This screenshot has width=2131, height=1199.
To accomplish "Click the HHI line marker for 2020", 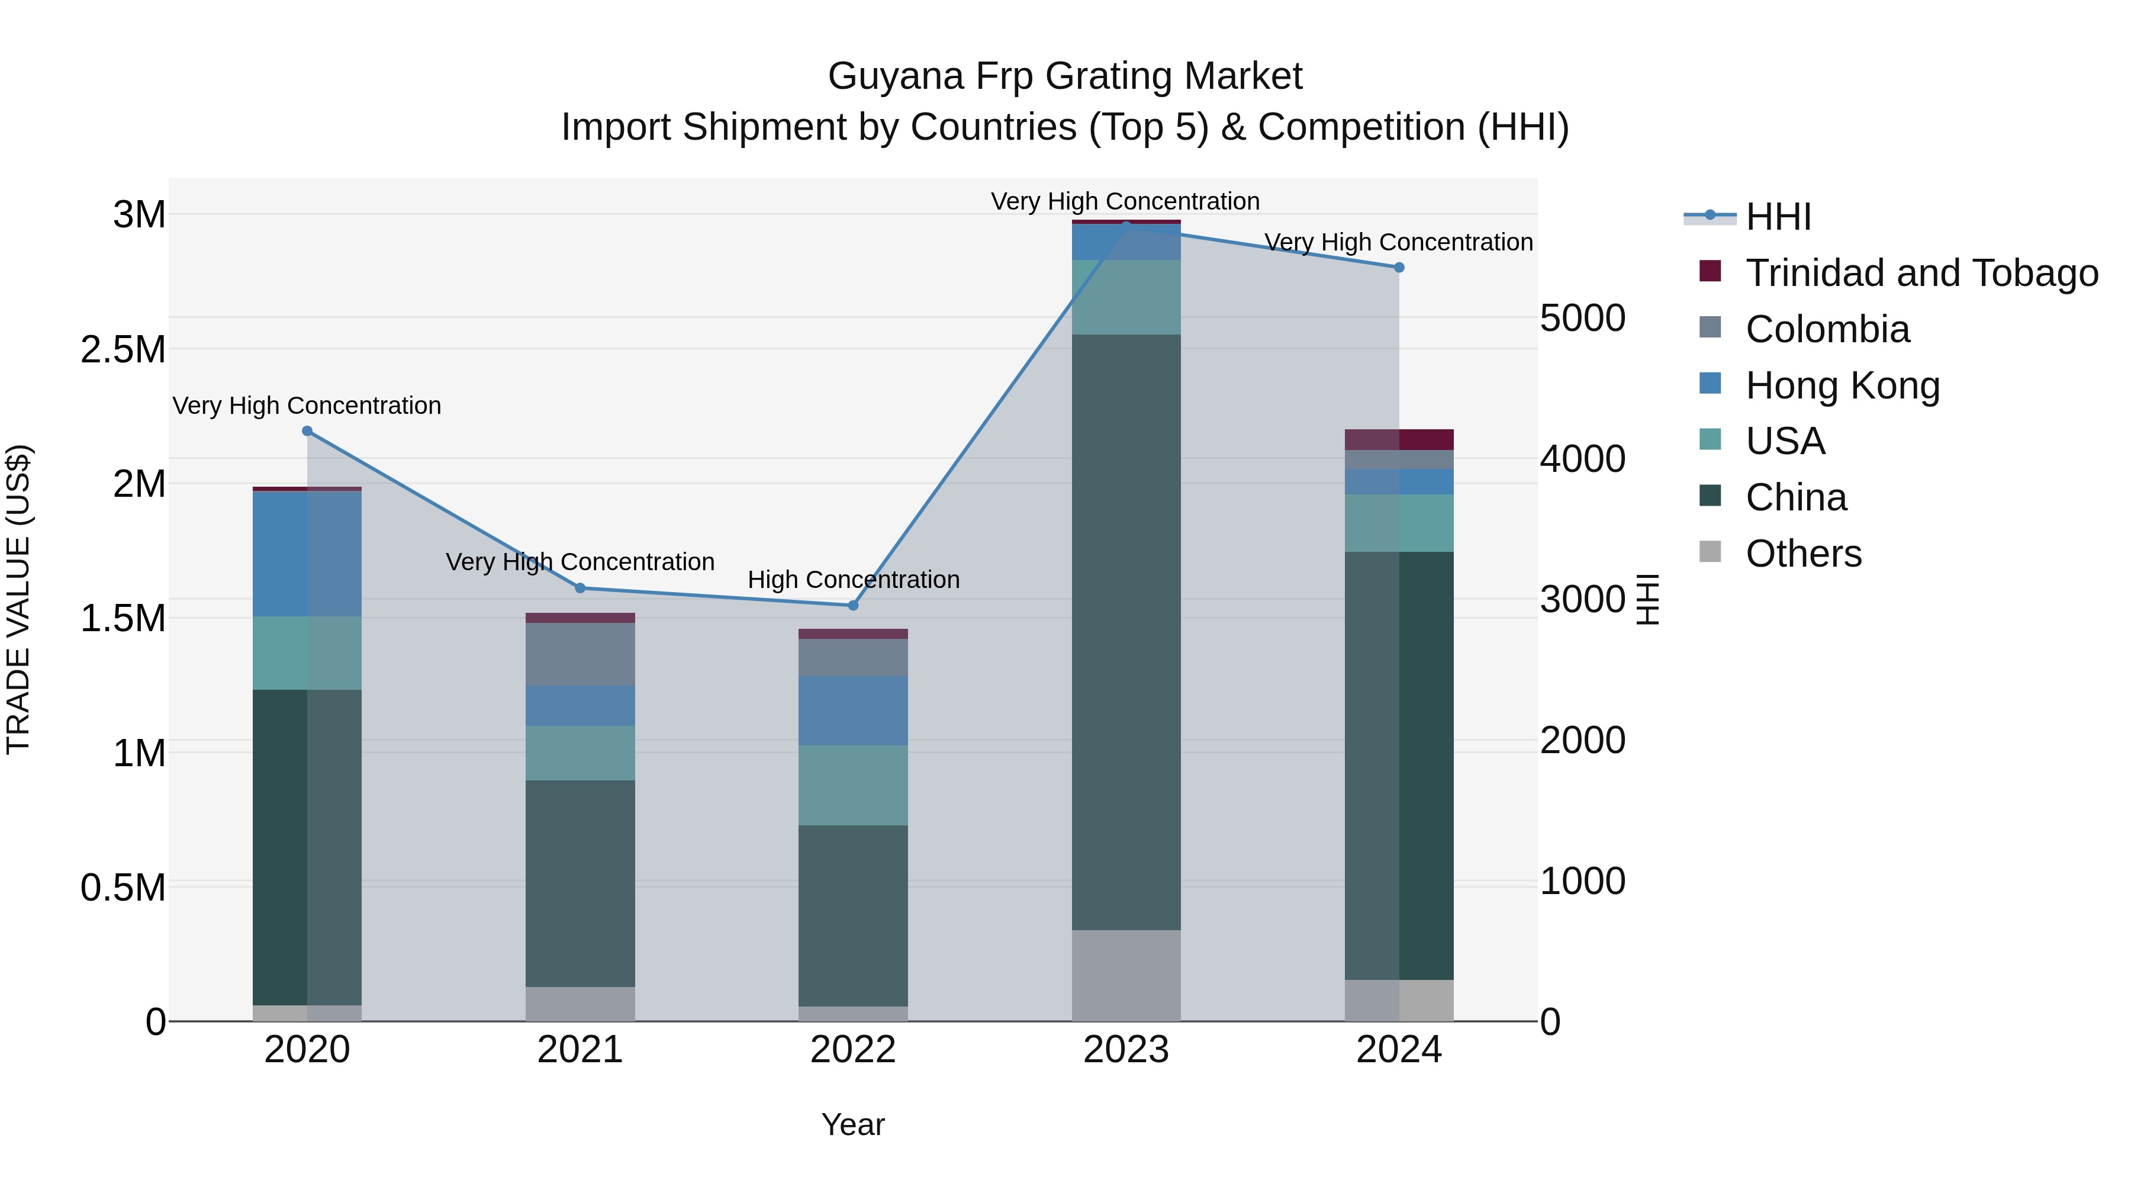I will (307, 431).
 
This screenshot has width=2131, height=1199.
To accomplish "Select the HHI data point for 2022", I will (853, 606).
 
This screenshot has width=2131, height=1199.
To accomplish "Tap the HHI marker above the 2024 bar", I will (1399, 267).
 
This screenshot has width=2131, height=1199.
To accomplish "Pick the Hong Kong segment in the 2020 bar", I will (307, 554).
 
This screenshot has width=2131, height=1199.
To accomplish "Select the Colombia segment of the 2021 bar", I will (580, 654).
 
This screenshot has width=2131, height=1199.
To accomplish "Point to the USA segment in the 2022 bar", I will (853, 785).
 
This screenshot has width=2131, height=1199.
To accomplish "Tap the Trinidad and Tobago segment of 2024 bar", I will (1399, 439).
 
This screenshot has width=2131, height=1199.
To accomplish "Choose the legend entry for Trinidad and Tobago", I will (1921, 273).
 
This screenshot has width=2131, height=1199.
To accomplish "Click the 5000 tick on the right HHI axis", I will (1582, 319).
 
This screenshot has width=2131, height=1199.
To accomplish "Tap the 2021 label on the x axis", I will (580, 1050).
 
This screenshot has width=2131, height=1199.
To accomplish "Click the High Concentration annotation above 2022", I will (853, 579).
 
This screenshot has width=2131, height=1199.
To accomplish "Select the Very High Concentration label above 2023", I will (1125, 201).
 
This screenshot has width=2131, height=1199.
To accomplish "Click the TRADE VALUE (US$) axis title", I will (18, 599).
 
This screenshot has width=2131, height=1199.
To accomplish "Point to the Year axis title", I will (853, 1124).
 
